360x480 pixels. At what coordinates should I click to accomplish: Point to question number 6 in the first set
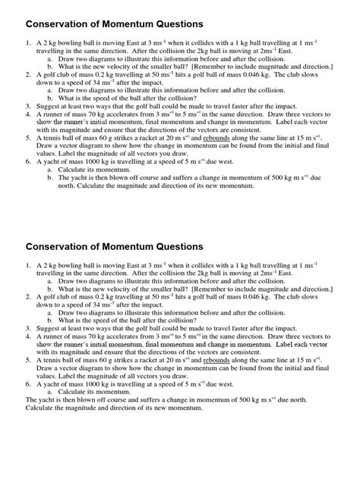29,162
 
